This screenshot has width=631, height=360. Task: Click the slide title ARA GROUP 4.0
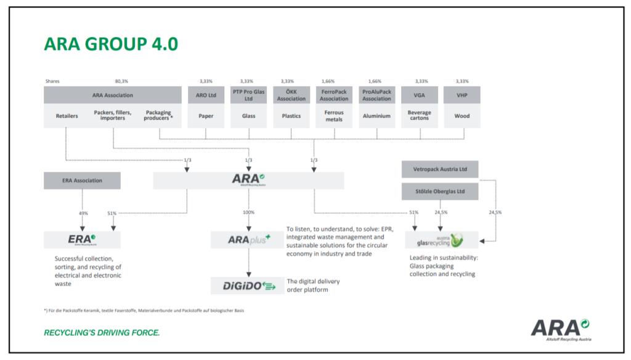coord(111,44)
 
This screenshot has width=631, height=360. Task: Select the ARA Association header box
coord(113,95)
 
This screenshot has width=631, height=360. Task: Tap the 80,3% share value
coord(121,81)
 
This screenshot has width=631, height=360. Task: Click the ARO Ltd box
coord(206,95)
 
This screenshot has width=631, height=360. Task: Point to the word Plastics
coord(291,115)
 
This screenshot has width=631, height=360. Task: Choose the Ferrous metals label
coord(334,115)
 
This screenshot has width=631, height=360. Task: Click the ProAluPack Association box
coord(377,95)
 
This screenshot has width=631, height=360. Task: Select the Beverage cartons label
coord(420,115)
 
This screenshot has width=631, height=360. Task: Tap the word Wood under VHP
coord(462,115)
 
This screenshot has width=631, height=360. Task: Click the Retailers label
coord(67,115)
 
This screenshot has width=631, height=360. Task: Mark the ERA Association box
coord(82,181)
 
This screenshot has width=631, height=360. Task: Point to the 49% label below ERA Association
coord(83,213)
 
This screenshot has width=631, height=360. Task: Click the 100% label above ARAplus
coord(248,213)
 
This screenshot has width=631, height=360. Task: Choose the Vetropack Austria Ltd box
coord(439,169)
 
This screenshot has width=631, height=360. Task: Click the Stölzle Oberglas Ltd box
coord(439,191)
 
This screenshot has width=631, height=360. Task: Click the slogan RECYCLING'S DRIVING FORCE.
coord(102,333)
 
